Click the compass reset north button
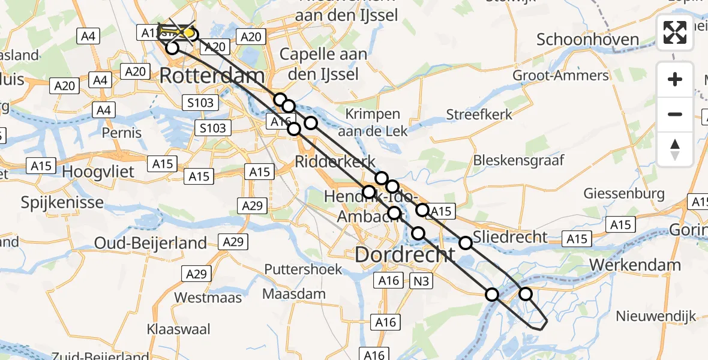click(x=675, y=149)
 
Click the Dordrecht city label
click(x=405, y=254)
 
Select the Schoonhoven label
click(x=587, y=40)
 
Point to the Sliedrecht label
click(x=510, y=236)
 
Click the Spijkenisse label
click(x=62, y=202)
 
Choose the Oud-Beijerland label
click(x=151, y=243)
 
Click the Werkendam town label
click(x=635, y=265)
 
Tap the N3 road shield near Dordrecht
click(x=422, y=280)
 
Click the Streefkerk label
click(x=479, y=114)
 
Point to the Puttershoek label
click(x=304, y=269)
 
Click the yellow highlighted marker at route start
click(x=188, y=32)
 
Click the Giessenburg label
click(x=625, y=194)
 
